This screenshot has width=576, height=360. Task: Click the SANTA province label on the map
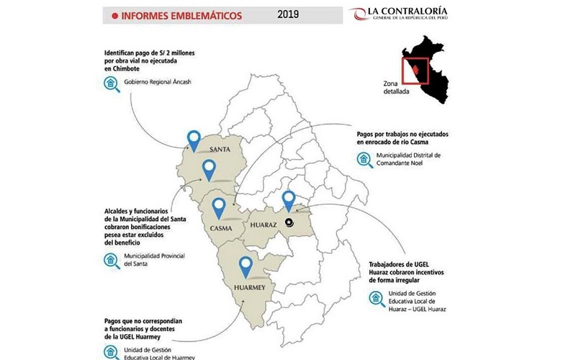219,150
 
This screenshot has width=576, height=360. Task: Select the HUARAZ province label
263,225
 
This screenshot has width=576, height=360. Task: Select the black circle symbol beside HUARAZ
289,222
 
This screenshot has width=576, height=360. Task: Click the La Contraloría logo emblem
359,14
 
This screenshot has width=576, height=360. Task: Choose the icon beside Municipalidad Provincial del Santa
110,260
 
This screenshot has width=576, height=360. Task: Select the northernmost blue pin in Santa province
192,139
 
